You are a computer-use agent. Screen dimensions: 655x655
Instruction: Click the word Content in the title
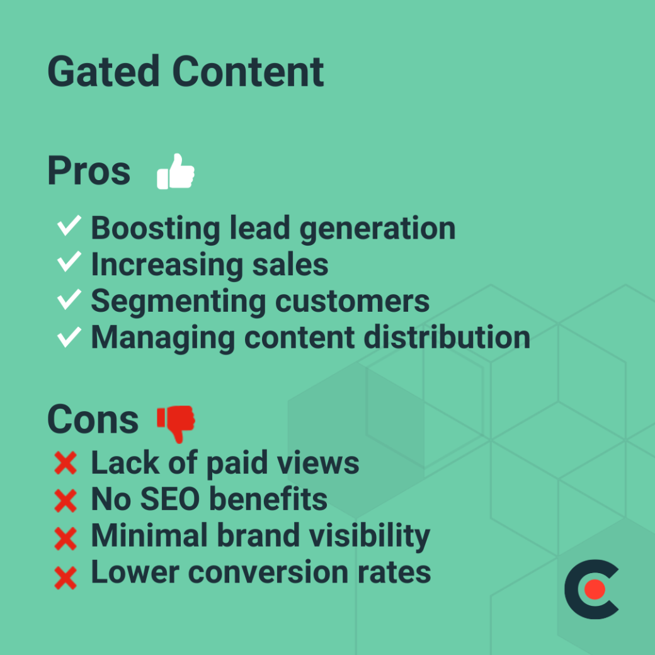(248, 71)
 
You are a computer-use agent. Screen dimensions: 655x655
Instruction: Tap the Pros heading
(89, 171)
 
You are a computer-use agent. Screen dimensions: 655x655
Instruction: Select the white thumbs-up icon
(175, 171)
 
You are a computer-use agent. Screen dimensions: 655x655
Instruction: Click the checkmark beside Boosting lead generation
(69, 226)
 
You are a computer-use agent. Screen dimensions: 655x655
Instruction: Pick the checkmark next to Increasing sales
(69, 262)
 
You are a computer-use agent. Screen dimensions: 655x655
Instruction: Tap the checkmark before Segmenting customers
(69, 299)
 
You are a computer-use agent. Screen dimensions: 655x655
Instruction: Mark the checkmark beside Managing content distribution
(69, 336)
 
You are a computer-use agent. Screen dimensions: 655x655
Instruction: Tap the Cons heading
(93, 419)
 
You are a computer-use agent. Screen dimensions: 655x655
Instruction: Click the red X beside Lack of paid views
(65, 464)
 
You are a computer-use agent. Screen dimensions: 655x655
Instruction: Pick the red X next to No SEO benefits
(65, 501)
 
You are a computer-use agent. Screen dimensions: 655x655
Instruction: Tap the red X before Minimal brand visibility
(65, 538)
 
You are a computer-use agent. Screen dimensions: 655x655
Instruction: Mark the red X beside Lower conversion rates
(65, 575)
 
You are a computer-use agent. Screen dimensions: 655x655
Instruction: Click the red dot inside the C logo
(594, 589)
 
